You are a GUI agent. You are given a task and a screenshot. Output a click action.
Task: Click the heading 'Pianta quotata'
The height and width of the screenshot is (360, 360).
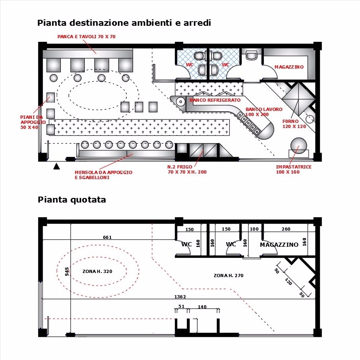click(x=72, y=200)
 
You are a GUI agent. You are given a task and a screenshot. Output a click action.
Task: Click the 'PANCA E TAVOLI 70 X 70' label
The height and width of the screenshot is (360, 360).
click(x=87, y=37)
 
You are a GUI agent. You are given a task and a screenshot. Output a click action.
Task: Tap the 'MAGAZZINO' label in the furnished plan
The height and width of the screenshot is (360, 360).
click(x=289, y=67)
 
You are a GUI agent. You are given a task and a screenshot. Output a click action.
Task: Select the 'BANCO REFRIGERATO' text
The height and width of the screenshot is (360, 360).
click(x=215, y=100)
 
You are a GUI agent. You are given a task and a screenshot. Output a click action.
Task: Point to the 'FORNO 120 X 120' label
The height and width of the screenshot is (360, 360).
click(x=294, y=124)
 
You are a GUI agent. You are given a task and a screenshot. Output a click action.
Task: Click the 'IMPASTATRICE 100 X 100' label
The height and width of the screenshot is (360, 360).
click(x=294, y=169)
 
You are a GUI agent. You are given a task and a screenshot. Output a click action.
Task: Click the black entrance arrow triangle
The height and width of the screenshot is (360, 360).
click(x=57, y=166)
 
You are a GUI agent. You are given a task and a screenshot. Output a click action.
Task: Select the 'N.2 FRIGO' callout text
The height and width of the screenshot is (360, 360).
click(x=180, y=167)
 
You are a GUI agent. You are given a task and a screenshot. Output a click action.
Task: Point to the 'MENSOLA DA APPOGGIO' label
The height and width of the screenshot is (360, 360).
click(x=104, y=173)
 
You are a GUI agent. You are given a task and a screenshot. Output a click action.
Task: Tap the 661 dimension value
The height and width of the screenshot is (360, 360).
click(x=107, y=237)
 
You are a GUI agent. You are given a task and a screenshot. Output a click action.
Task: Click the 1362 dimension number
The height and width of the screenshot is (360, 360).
click(x=180, y=296)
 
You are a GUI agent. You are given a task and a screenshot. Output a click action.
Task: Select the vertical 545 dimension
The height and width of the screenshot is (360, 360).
click(x=67, y=271)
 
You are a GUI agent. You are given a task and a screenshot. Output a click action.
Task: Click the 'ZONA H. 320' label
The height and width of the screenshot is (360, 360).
click(x=97, y=271)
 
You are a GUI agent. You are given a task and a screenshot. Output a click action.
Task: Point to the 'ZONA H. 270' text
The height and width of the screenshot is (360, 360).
click(x=228, y=275)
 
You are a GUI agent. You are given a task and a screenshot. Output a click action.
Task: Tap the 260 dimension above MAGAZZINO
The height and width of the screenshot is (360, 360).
click(x=286, y=229)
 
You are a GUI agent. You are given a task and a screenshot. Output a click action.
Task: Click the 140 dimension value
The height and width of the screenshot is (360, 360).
click(x=202, y=307)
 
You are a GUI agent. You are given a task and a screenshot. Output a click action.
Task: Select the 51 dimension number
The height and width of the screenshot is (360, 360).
click(x=181, y=306)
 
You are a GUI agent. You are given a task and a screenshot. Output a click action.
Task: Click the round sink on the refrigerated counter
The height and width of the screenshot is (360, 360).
click(x=180, y=102)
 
